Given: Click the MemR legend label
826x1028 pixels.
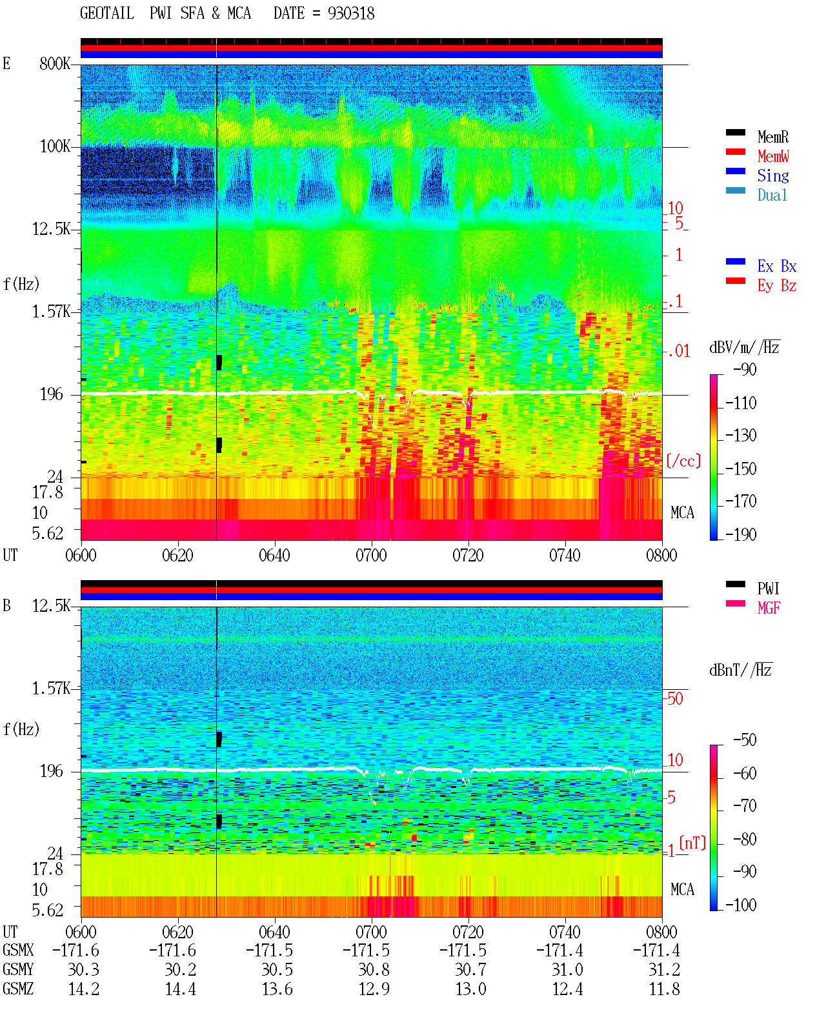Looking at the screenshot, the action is click(773, 137).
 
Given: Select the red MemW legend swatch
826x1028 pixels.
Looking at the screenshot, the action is click(735, 152).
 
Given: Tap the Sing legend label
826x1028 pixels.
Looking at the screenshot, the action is click(773, 176).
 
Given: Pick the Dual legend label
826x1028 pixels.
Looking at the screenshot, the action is click(772, 195).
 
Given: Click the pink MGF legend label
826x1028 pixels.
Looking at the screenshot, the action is click(769, 608).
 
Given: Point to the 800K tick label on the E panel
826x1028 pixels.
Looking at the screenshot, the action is click(55, 63).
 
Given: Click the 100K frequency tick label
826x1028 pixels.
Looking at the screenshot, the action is click(55, 146).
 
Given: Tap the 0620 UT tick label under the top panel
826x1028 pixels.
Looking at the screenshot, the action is click(177, 555).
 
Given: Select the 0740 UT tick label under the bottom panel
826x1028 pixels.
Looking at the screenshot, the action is click(565, 932).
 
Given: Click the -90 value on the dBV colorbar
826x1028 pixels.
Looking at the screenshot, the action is click(745, 369).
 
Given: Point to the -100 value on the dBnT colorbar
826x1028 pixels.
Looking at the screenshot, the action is click(741, 905).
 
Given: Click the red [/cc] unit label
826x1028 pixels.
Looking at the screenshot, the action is click(683, 461).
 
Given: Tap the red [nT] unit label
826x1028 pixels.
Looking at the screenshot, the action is click(692, 843).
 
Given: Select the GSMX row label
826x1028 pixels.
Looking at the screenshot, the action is click(18, 950).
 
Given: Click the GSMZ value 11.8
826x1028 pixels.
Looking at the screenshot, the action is click(664, 989).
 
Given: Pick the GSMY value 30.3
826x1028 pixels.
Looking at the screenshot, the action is click(84, 970).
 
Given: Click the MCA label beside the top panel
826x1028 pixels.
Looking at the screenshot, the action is click(682, 512).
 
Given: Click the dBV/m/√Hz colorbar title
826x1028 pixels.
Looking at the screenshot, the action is click(744, 347).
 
